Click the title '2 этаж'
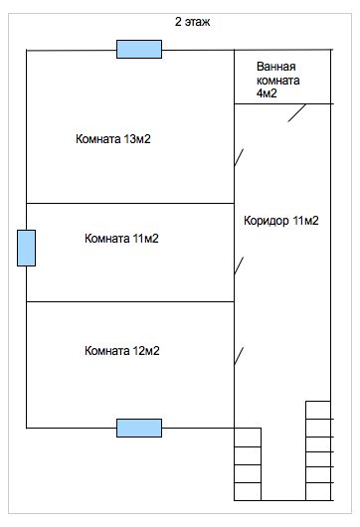click(x=192, y=22)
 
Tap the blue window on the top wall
click(x=139, y=49)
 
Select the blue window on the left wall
click(x=26, y=248)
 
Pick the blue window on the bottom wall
click(x=139, y=428)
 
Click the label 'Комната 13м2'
click(x=113, y=139)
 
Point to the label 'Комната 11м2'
click(x=121, y=239)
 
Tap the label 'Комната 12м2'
click(x=121, y=351)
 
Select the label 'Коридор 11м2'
click(x=281, y=221)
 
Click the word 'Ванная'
click(x=275, y=67)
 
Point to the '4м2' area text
click(x=267, y=93)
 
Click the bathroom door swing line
click(x=296, y=113)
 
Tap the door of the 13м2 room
click(x=239, y=157)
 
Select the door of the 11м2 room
click(x=239, y=265)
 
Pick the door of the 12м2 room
click(x=239, y=356)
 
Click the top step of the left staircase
click(x=248, y=438)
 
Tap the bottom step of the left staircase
click(x=248, y=491)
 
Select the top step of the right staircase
click(x=318, y=410)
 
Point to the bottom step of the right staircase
click(x=318, y=491)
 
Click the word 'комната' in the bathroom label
click(x=278, y=81)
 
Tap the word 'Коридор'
click(x=267, y=221)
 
